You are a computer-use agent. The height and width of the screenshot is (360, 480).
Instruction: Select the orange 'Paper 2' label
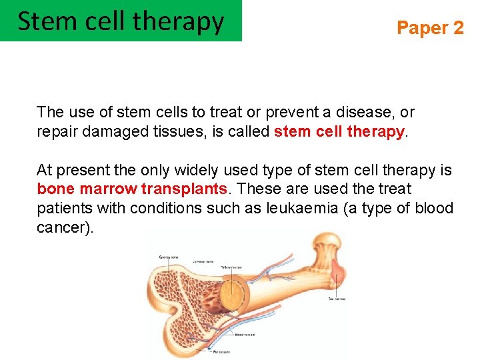pyautogui.click(x=430, y=28)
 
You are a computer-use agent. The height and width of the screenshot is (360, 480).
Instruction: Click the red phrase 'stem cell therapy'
pyautogui.click(x=339, y=131)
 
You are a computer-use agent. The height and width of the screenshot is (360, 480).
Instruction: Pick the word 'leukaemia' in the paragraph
pyautogui.click(x=301, y=208)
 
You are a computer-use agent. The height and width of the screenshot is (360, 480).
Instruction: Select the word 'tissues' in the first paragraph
pyautogui.click(x=182, y=131)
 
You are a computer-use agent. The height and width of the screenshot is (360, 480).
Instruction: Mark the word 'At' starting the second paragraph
pyautogui.click(x=45, y=171)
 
